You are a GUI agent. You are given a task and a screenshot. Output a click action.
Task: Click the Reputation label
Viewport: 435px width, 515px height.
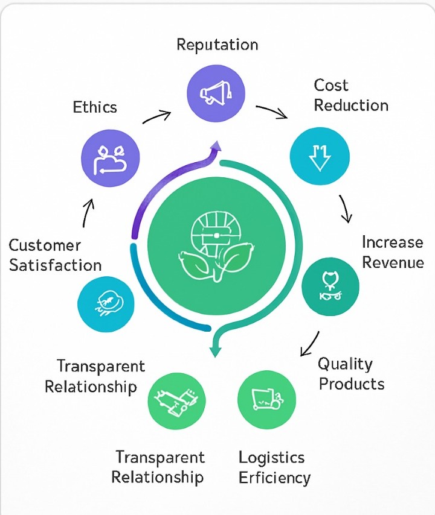click(x=217, y=45)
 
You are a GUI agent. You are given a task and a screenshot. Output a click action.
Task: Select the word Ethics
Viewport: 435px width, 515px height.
click(x=95, y=107)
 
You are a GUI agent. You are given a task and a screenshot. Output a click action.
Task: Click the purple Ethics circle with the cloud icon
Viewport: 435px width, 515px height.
click(x=111, y=159)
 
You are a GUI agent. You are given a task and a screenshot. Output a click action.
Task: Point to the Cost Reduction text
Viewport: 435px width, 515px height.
click(x=350, y=95)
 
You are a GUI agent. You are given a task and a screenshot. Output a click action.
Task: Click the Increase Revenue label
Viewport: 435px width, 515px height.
click(x=392, y=252)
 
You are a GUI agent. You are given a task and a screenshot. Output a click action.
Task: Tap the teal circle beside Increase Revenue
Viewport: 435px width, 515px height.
click(x=330, y=287)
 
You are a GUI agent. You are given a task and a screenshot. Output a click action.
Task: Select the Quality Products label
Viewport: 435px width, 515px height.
click(x=351, y=374)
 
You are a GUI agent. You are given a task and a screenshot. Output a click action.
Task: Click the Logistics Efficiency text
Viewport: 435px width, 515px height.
click(x=274, y=467)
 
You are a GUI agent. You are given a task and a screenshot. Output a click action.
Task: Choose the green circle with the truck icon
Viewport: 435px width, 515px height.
click(x=266, y=399)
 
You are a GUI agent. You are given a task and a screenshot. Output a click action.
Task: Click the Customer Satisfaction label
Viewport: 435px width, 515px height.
click(x=54, y=255)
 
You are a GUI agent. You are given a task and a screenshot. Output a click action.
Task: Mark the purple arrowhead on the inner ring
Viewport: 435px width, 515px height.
click(x=214, y=145)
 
